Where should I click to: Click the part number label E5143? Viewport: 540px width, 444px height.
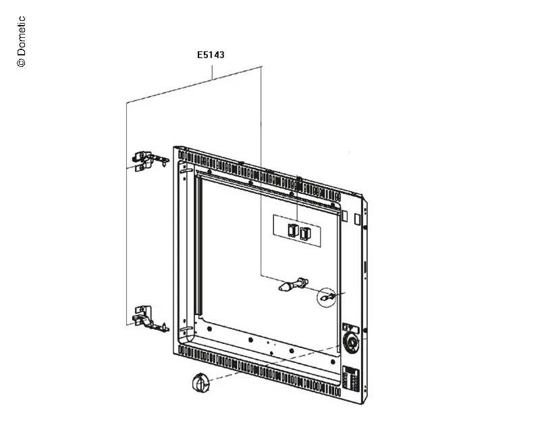pyautogui.click(x=211, y=55)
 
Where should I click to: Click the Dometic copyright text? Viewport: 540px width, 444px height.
pyautogui.click(x=21, y=41)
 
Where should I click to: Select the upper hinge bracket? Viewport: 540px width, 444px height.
pyautogui.click(x=150, y=162)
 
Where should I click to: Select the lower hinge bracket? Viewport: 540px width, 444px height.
pyautogui.click(x=150, y=318)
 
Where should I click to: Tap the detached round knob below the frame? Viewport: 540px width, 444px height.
pyautogui.click(x=200, y=383)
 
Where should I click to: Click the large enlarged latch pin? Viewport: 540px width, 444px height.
pyautogui.click(x=293, y=284)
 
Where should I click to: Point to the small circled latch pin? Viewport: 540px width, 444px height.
pyautogui.click(x=327, y=296)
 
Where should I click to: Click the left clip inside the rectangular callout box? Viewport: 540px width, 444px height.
pyautogui.click(x=293, y=230)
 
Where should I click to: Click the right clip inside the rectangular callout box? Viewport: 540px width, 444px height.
pyautogui.click(x=305, y=233)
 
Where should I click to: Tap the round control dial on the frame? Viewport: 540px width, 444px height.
pyautogui.click(x=352, y=343)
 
